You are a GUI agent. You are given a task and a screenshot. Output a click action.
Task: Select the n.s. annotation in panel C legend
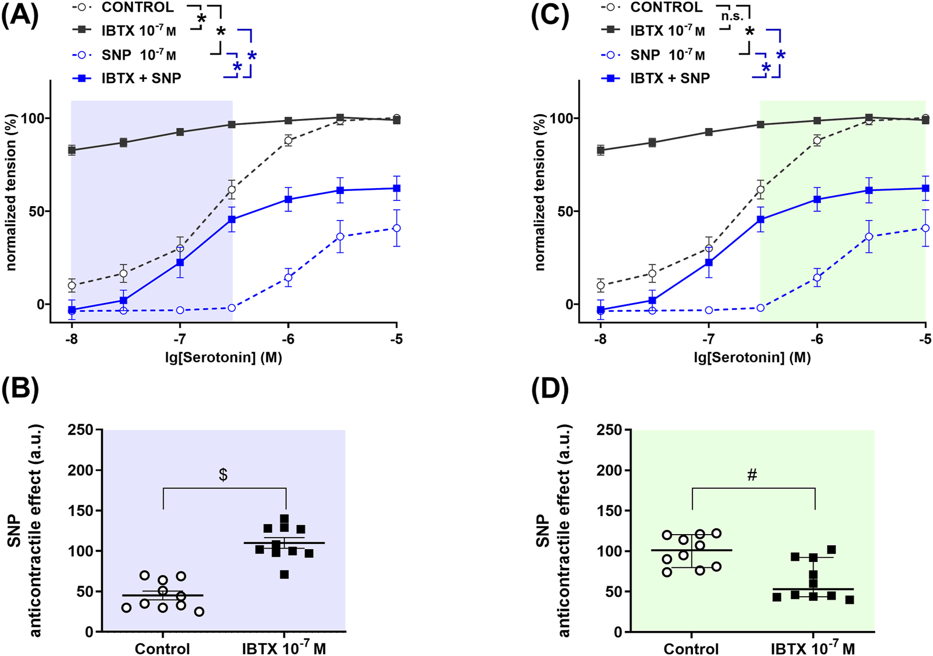[732, 16]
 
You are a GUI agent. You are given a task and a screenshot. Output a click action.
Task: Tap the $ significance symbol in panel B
[223, 475]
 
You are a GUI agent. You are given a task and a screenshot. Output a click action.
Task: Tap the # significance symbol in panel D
[752, 475]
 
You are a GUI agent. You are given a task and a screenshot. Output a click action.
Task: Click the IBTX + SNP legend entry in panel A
[141, 78]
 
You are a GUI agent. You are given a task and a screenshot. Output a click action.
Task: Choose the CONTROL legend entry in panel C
[666, 8]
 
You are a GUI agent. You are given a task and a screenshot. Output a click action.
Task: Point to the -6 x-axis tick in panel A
[288, 340]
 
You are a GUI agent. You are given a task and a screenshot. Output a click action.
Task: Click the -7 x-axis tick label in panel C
[708, 340]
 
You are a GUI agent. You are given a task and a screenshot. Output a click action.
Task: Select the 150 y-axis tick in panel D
[609, 511]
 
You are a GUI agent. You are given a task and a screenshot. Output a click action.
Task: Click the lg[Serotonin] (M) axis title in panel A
[223, 357]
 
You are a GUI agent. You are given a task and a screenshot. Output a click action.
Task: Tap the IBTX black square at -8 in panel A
[71, 150]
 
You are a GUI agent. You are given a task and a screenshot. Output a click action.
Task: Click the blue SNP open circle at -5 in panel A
[397, 228]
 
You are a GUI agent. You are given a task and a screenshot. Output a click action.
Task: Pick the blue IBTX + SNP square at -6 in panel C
[817, 199]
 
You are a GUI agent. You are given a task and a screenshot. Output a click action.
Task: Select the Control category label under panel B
[162, 648]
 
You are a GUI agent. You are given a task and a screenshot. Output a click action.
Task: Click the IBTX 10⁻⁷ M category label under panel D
[812, 648]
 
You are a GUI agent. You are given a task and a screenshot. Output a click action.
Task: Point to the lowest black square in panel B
[284, 575]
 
